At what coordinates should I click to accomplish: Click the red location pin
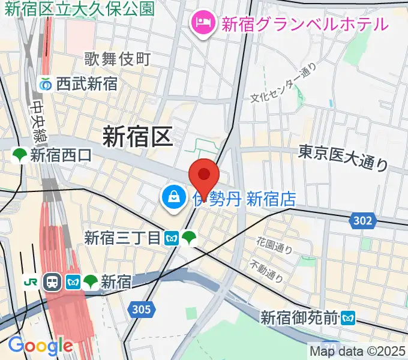click(204, 175)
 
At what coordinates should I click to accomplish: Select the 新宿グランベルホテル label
click(305, 24)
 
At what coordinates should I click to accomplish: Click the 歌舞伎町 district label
click(117, 59)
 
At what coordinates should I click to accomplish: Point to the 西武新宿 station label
click(86, 84)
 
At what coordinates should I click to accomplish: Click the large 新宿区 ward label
click(137, 136)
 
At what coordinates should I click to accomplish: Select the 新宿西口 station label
click(61, 156)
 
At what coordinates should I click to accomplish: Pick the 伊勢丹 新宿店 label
click(246, 199)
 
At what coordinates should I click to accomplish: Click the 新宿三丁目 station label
click(123, 238)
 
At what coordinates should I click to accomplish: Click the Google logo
click(40, 345)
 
